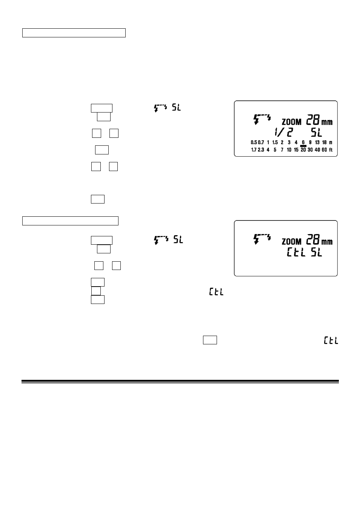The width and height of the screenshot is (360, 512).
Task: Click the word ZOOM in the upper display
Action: point(291,122)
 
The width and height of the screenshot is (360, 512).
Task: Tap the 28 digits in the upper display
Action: point(313,120)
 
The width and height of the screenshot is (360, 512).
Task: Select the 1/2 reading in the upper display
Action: point(284,133)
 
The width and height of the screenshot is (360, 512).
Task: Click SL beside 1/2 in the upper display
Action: point(316,133)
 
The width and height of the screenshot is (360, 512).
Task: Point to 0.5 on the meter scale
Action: point(254,142)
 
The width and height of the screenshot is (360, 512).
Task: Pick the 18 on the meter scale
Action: point(324,142)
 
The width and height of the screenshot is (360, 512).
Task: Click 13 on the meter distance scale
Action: point(317,142)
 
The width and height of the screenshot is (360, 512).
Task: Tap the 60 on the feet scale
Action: point(324,150)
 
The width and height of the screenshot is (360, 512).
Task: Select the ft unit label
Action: point(331,150)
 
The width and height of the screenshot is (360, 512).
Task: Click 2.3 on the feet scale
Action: point(261,150)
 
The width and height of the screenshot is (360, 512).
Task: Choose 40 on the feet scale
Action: point(317,150)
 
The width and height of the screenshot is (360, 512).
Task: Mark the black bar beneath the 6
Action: point(303,146)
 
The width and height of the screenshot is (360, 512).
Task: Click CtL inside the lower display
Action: point(296,252)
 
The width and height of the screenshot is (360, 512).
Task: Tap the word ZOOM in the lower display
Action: point(291,242)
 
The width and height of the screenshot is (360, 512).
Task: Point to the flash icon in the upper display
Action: point(262,119)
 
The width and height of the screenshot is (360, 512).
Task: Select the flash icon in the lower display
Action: point(262,239)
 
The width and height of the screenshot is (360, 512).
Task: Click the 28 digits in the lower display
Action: point(313,239)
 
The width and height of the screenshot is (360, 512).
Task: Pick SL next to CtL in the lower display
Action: point(316,252)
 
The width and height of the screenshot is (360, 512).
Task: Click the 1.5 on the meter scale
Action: point(275,142)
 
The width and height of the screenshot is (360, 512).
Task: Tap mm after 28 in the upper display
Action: point(327,122)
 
